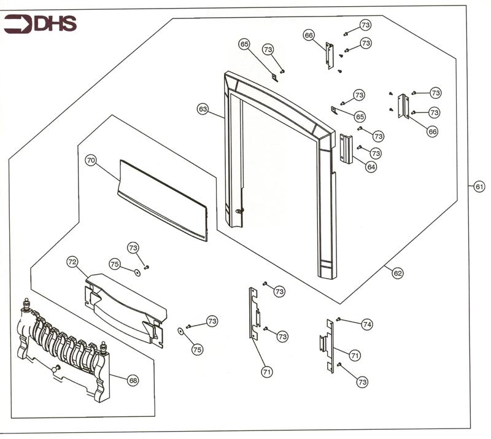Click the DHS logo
40,24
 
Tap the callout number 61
479,187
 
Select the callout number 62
398,273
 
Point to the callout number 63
203,109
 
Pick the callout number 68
133,381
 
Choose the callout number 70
91,160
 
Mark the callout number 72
72,262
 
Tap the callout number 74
367,325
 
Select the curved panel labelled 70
163,200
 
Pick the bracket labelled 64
347,149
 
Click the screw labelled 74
339,319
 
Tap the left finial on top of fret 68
26,303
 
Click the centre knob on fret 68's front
56,368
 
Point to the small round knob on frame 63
239,211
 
